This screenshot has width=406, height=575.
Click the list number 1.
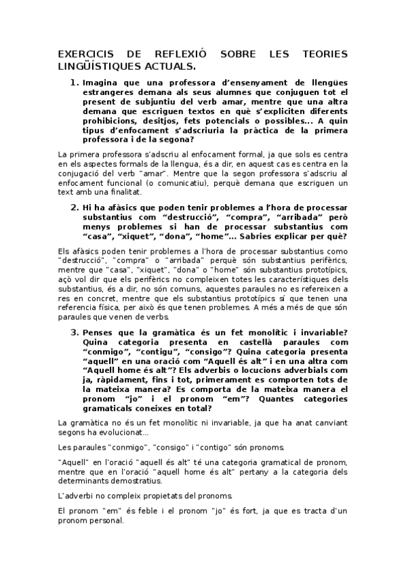pos(75,83)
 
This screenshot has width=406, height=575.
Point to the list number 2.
pos(75,207)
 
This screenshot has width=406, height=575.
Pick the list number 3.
pos(75,332)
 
